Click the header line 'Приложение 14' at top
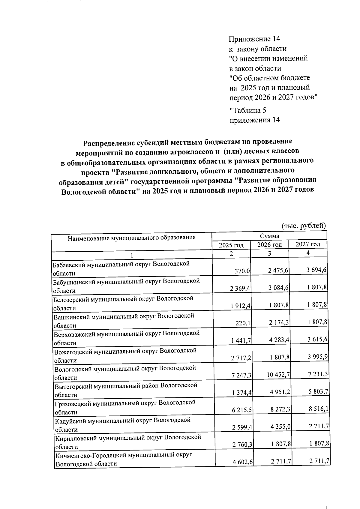254,39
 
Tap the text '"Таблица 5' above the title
248,110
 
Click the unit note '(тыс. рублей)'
304,225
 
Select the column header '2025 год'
231,245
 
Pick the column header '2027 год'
308,244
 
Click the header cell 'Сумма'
269,236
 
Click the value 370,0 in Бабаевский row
242,271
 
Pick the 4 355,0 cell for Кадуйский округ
280,427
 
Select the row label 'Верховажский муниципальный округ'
126,333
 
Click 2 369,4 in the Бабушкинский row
241,289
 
